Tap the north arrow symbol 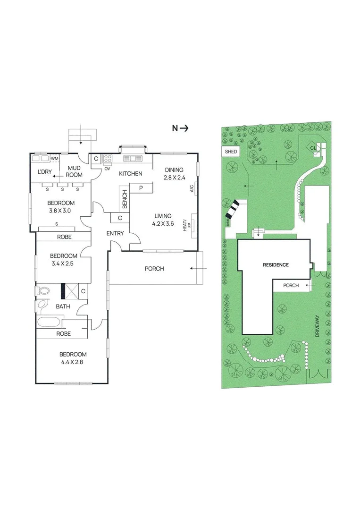181,128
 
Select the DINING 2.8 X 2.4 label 174,174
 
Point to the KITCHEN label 131,174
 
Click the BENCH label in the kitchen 125,200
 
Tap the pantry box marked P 141,188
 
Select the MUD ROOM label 75,171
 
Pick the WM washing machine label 55,158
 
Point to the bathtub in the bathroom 49,323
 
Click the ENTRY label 115,233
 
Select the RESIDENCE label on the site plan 276,265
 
